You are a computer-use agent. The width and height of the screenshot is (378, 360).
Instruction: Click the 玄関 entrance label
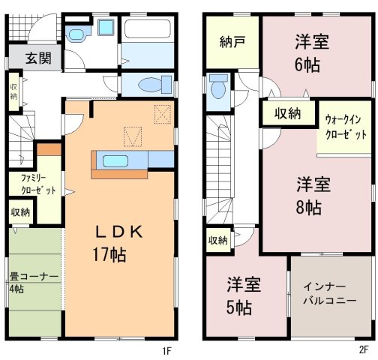[38, 58]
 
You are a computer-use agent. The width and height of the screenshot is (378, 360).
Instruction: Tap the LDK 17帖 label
[118, 243]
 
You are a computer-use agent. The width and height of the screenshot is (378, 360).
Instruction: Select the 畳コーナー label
[34, 277]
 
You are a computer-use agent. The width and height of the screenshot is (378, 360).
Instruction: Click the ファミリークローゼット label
[37, 184]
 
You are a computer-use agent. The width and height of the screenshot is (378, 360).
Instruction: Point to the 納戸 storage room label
[232, 42]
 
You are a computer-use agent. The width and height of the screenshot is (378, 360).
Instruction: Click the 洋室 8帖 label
[313, 196]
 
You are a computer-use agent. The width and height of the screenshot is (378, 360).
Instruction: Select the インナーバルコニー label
[330, 293]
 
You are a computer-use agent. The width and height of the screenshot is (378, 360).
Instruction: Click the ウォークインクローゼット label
[346, 127]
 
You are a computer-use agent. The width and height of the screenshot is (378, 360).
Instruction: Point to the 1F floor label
[166, 351]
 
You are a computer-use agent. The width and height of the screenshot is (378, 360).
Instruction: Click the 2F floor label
[364, 349]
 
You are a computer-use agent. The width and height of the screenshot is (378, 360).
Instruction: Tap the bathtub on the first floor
[148, 28]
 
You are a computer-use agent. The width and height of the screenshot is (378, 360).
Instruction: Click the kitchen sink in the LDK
[115, 161]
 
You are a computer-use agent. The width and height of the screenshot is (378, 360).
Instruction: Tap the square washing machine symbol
[106, 27]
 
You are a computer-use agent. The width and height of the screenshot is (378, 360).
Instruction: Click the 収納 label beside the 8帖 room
[287, 114]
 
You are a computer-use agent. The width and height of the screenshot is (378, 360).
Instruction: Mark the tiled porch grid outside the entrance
[18, 27]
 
